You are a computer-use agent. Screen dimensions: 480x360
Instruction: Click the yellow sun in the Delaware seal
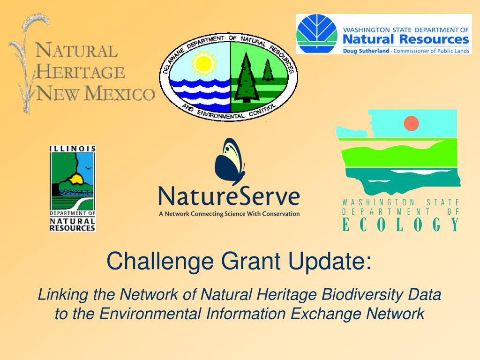click(204, 63)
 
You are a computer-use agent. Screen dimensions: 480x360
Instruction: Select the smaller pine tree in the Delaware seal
click(268, 70)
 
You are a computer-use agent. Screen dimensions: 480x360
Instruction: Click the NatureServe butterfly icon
click(230, 162)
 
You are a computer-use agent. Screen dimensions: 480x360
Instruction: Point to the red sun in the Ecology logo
click(411, 123)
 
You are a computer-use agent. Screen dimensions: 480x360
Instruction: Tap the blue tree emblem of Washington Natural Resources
click(317, 34)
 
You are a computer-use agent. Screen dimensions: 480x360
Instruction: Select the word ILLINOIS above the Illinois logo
click(73, 149)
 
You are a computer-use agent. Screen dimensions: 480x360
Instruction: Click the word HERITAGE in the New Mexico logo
click(80, 72)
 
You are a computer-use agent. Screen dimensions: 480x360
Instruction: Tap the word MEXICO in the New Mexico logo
click(120, 93)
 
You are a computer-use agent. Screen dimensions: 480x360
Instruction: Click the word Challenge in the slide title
click(160, 261)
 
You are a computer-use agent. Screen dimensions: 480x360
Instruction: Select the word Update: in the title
click(330, 261)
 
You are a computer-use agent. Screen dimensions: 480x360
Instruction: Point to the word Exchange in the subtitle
click(326, 314)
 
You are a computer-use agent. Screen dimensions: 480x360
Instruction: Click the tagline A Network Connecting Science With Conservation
click(229, 214)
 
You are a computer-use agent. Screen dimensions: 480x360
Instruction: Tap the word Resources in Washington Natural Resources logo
click(434, 39)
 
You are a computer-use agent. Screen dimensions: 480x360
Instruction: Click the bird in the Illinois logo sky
click(88, 168)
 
